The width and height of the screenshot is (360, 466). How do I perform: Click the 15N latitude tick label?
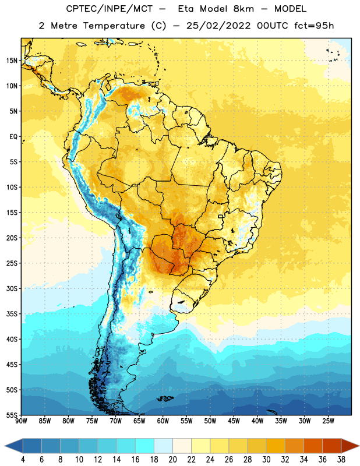click(x=12, y=61)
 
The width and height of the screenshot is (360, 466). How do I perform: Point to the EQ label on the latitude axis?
click(x=13, y=137)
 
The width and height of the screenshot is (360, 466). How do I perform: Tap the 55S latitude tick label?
click(x=12, y=415)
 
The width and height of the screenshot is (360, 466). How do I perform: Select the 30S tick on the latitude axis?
click(x=12, y=288)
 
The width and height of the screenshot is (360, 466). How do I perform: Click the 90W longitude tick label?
click(x=21, y=421)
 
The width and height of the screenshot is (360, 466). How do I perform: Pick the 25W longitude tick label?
click(x=328, y=421)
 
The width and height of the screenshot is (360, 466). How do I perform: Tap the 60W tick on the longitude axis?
click(x=163, y=421)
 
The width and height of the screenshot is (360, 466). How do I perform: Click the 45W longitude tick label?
click(x=234, y=421)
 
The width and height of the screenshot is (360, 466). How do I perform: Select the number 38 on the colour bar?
click(x=341, y=460)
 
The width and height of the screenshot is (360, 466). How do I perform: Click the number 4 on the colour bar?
click(x=23, y=460)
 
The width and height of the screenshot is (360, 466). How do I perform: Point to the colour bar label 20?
click(x=172, y=460)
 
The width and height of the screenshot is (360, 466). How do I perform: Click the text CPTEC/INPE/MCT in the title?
click(x=109, y=9)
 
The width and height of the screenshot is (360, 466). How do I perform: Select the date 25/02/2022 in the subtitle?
click(x=218, y=26)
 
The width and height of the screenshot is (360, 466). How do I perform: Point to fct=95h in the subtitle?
click(x=314, y=26)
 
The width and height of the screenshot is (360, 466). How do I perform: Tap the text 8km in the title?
click(x=243, y=9)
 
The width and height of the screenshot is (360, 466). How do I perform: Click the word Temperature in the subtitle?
click(x=114, y=26)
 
